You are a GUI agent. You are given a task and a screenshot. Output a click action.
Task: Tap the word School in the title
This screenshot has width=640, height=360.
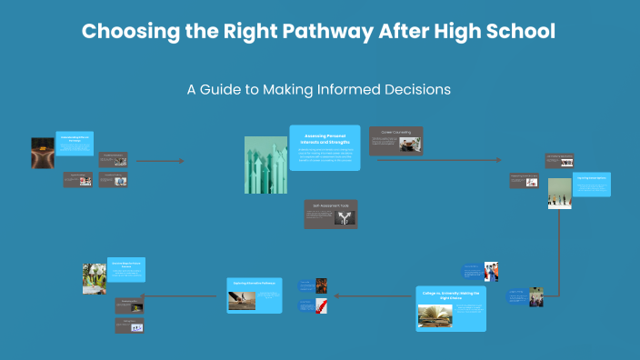pos(517,31)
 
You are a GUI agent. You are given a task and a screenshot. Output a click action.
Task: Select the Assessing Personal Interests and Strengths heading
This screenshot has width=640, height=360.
pos(325,139)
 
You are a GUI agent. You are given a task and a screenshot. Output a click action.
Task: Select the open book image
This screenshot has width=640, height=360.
pos(435,315)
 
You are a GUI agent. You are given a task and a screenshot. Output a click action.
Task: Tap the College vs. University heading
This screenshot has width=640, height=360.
pos(452,295)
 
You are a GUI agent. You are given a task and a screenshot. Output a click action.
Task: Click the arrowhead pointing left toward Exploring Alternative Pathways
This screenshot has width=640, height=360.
pos(336,295)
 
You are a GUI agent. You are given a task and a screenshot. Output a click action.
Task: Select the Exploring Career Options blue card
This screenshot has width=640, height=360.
pos(591,184)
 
